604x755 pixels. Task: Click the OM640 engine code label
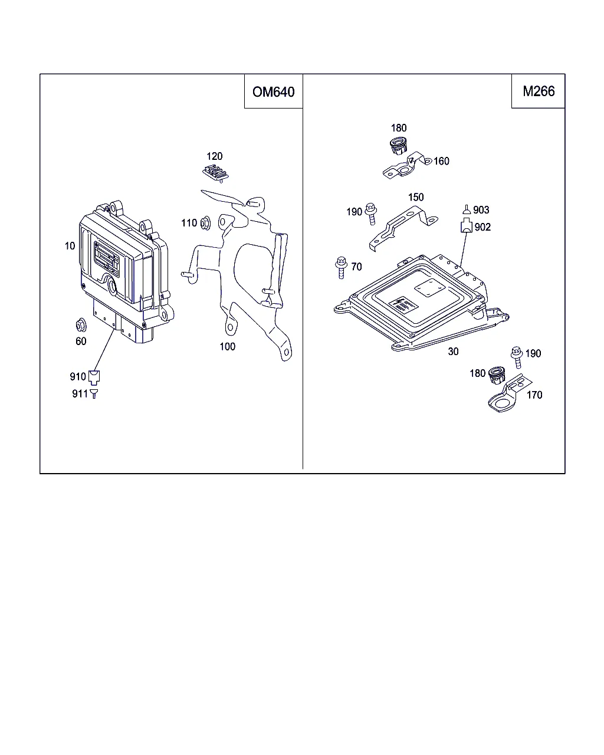pos(273,92)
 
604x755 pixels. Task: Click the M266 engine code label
pos(539,91)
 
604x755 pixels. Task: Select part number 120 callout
pos(215,156)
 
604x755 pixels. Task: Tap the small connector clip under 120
pos(216,172)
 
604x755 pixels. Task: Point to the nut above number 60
pos(81,325)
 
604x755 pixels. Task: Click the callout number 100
pos(228,347)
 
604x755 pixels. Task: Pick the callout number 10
pos(70,246)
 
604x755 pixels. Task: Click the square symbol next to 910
pos(94,376)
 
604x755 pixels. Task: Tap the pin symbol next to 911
pos(93,393)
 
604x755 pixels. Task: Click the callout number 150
pos(416,198)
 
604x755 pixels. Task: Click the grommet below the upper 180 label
pos(399,145)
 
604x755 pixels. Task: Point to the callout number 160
pos(441,161)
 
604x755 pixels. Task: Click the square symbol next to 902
pos(467,226)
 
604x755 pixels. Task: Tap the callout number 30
pos(453,352)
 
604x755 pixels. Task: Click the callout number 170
pos(534,395)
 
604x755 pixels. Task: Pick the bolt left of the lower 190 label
pos(516,356)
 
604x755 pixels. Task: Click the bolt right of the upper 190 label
pos(371,213)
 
